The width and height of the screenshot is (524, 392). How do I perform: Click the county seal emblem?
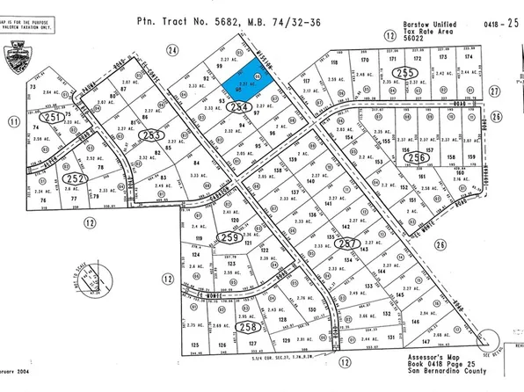[x=16, y=60]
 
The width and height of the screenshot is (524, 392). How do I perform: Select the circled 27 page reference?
[x=494, y=90]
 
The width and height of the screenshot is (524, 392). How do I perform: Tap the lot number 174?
[x=468, y=58]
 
